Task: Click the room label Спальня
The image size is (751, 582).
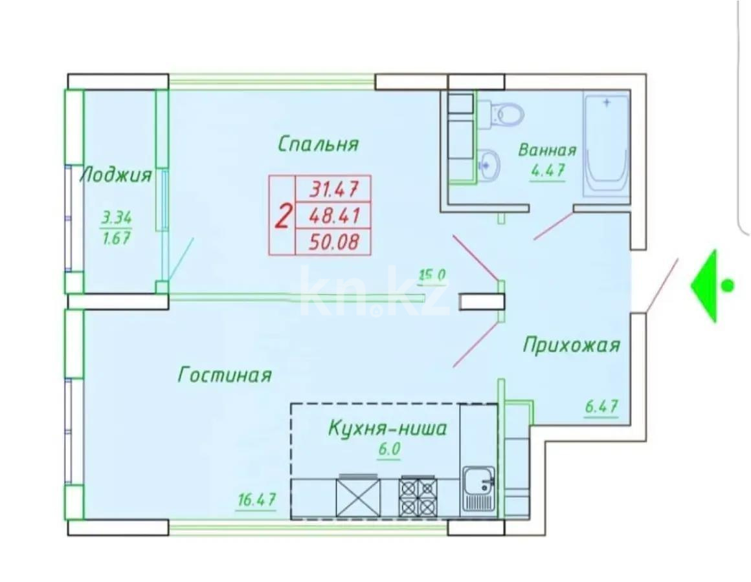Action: coord(318,144)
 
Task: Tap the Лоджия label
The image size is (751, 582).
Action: coord(116,175)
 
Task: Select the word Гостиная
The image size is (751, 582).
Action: coord(225,374)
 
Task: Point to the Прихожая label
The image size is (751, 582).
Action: coord(571,345)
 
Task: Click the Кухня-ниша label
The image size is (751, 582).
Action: coord(387,428)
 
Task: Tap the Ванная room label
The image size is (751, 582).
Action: coord(547,151)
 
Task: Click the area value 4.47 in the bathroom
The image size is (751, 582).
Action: coord(547,171)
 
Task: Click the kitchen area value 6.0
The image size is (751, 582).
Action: coord(387,449)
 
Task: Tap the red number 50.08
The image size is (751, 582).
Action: coord(334,242)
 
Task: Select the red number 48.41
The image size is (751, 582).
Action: coord(334,215)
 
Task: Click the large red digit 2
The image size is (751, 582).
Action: coord(282,215)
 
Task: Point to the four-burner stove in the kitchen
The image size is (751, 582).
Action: coord(419,497)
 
